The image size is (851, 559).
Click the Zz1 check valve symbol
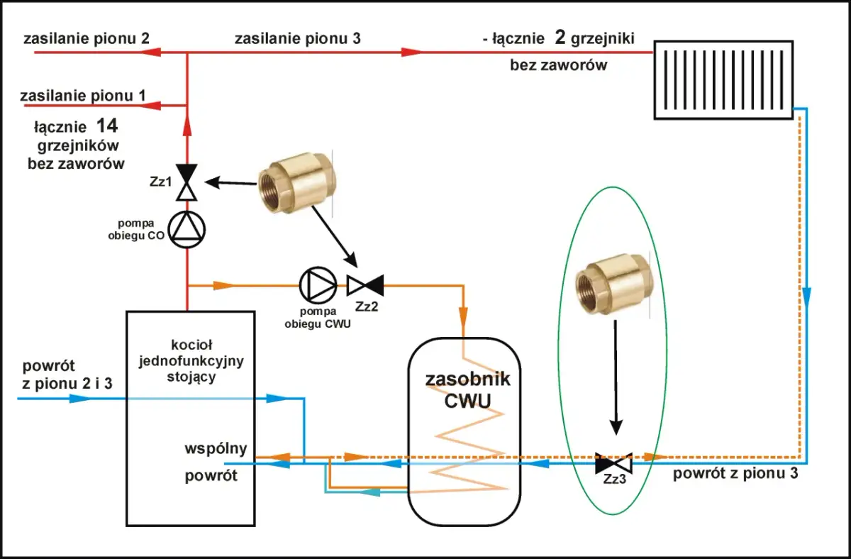pyautogui.click(x=187, y=182)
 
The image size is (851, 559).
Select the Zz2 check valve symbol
pyautogui.click(x=365, y=286)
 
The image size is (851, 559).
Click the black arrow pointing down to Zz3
pyautogui.click(x=616, y=376)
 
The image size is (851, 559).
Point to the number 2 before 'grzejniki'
pyautogui.click(x=560, y=38)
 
